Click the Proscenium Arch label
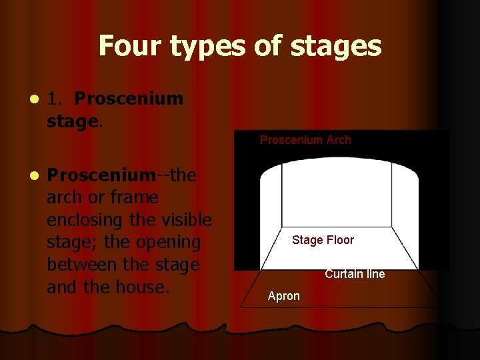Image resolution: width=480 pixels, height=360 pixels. [305, 140]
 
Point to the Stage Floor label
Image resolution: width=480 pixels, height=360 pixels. [323, 240]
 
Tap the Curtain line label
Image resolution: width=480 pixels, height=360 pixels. [355, 274]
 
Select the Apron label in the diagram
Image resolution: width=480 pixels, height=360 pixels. [284, 296]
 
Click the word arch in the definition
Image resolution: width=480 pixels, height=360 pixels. [65, 197]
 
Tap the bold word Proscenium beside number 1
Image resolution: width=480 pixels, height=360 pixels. [129, 99]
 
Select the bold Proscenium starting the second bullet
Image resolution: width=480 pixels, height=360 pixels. [101, 175]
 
